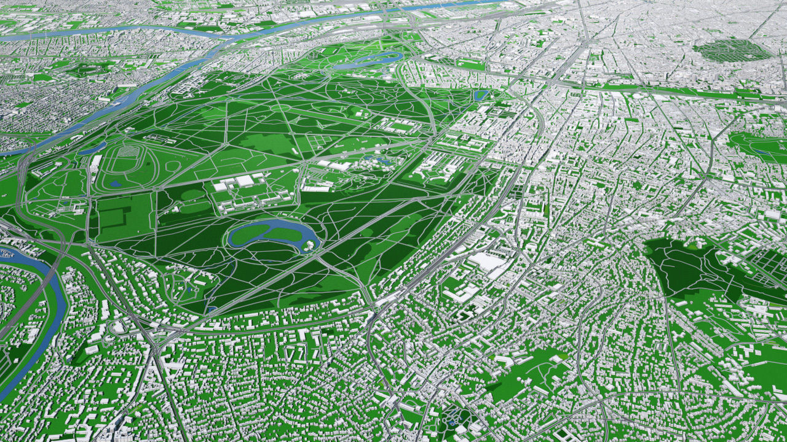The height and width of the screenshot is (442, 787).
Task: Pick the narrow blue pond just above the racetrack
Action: click(92, 149)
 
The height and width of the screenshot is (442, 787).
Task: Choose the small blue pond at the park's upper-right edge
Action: click(480, 95)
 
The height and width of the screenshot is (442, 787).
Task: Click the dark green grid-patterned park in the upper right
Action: click(732, 51)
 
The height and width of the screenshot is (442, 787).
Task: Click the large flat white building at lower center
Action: click(487, 262)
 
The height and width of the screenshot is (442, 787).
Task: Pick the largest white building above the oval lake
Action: click(244, 181)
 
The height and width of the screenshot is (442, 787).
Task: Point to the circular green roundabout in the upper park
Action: click(280, 107)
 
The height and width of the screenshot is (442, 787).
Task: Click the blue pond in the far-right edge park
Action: click(762, 151)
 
